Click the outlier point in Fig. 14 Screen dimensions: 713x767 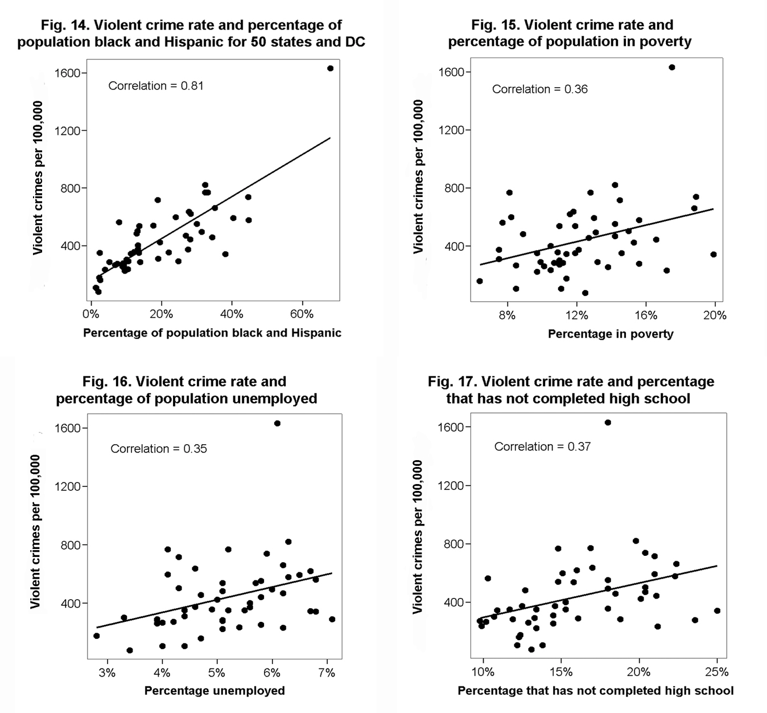click(x=330, y=68)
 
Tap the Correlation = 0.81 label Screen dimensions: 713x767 click(x=155, y=86)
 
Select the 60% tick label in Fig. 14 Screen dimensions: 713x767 click(x=302, y=314)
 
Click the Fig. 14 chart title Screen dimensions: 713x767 click(x=191, y=34)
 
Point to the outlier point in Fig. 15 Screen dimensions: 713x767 click(x=671, y=67)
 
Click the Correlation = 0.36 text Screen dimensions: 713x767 click(x=539, y=89)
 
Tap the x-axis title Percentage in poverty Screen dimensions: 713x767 click(x=611, y=334)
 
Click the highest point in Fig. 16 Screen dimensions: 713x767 click(x=277, y=423)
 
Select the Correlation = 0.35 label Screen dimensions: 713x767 click(x=159, y=449)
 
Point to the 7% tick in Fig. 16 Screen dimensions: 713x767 click(x=327, y=673)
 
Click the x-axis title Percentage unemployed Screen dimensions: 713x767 click(x=215, y=691)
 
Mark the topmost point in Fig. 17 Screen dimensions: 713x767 click(x=608, y=423)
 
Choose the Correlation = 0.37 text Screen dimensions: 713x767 click(x=542, y=447)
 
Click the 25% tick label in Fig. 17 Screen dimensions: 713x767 click(x=716, y=672)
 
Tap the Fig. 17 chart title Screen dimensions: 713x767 click(x=571, y=390)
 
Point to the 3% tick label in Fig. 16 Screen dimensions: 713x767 click(x=107, y=673)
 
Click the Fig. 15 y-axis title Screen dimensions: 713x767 click(x=419, y=177)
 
